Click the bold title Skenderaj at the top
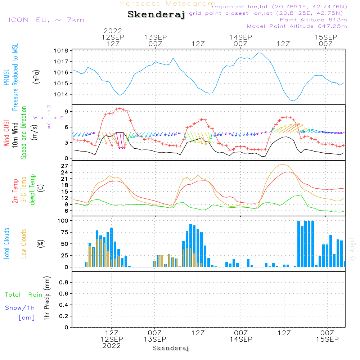(156, 14)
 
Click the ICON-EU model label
(46, 20)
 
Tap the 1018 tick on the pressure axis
(61, 51)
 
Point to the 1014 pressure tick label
(61, 94)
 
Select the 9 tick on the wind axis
(66, 112)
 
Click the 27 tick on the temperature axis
(65, 166)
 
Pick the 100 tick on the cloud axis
(63, 221)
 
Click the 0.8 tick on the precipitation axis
(64, 282)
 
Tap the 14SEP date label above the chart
(240, 37)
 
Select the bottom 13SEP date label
(155, 339)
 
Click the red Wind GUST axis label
(6, 132)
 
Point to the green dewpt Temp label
(32, 189)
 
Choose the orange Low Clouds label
(23, 244)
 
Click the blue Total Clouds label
(6, 244)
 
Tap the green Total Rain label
(24, 295)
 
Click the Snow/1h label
(20, 308)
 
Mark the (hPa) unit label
(36, 77)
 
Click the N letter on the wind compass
(49, 107)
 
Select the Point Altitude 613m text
(314, 20)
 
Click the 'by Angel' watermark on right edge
(352, 249)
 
